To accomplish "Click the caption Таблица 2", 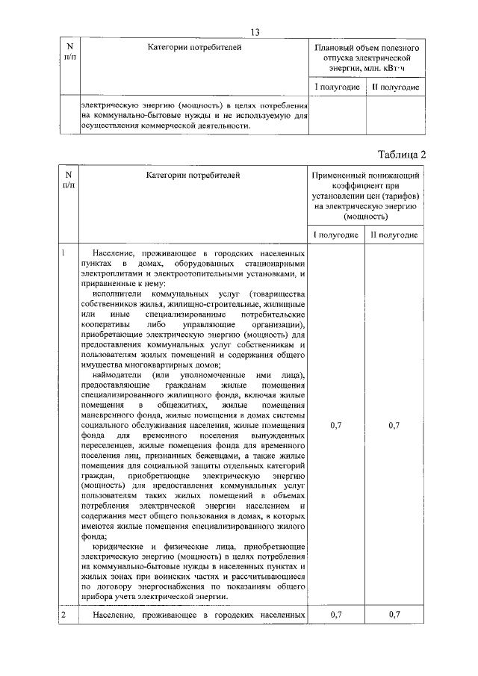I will pos(400,155).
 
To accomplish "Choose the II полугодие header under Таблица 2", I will pos(395,235).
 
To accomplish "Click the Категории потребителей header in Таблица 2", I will pos(194,176).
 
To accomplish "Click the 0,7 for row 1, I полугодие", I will pos(336,425).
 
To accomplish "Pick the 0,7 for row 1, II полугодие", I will pos(395,425).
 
